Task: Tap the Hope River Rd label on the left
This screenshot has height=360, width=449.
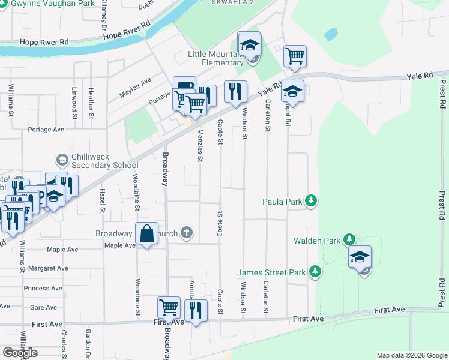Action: (44, 42)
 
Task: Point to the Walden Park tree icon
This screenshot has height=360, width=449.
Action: (349, 240)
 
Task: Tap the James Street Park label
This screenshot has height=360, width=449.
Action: (272, 272)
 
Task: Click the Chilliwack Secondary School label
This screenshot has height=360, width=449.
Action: (104, 161)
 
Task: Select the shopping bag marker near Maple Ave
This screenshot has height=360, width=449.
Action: (147, 234)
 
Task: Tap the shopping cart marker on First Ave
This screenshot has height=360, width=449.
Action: (169, 308)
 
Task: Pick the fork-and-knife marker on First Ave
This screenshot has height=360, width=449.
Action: (195, 310)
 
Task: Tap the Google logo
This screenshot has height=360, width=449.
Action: (20, 352)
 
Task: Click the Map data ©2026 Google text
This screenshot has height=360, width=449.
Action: (411, 355)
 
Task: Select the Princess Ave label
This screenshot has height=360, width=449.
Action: (43, 288)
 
